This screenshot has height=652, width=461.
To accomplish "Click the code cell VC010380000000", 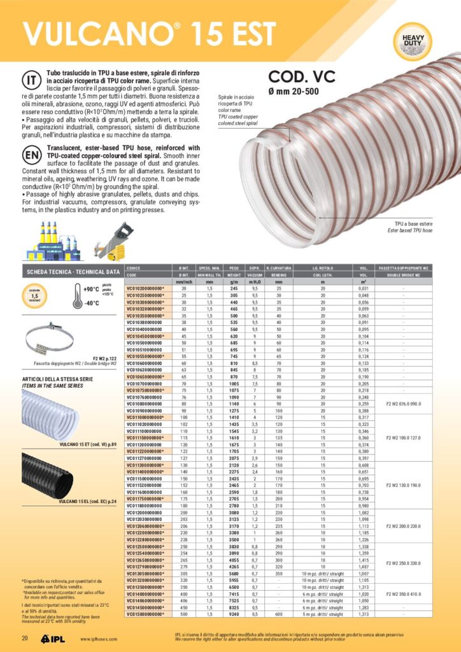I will coord(145,323).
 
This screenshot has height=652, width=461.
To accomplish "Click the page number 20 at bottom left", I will coord(25,638).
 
